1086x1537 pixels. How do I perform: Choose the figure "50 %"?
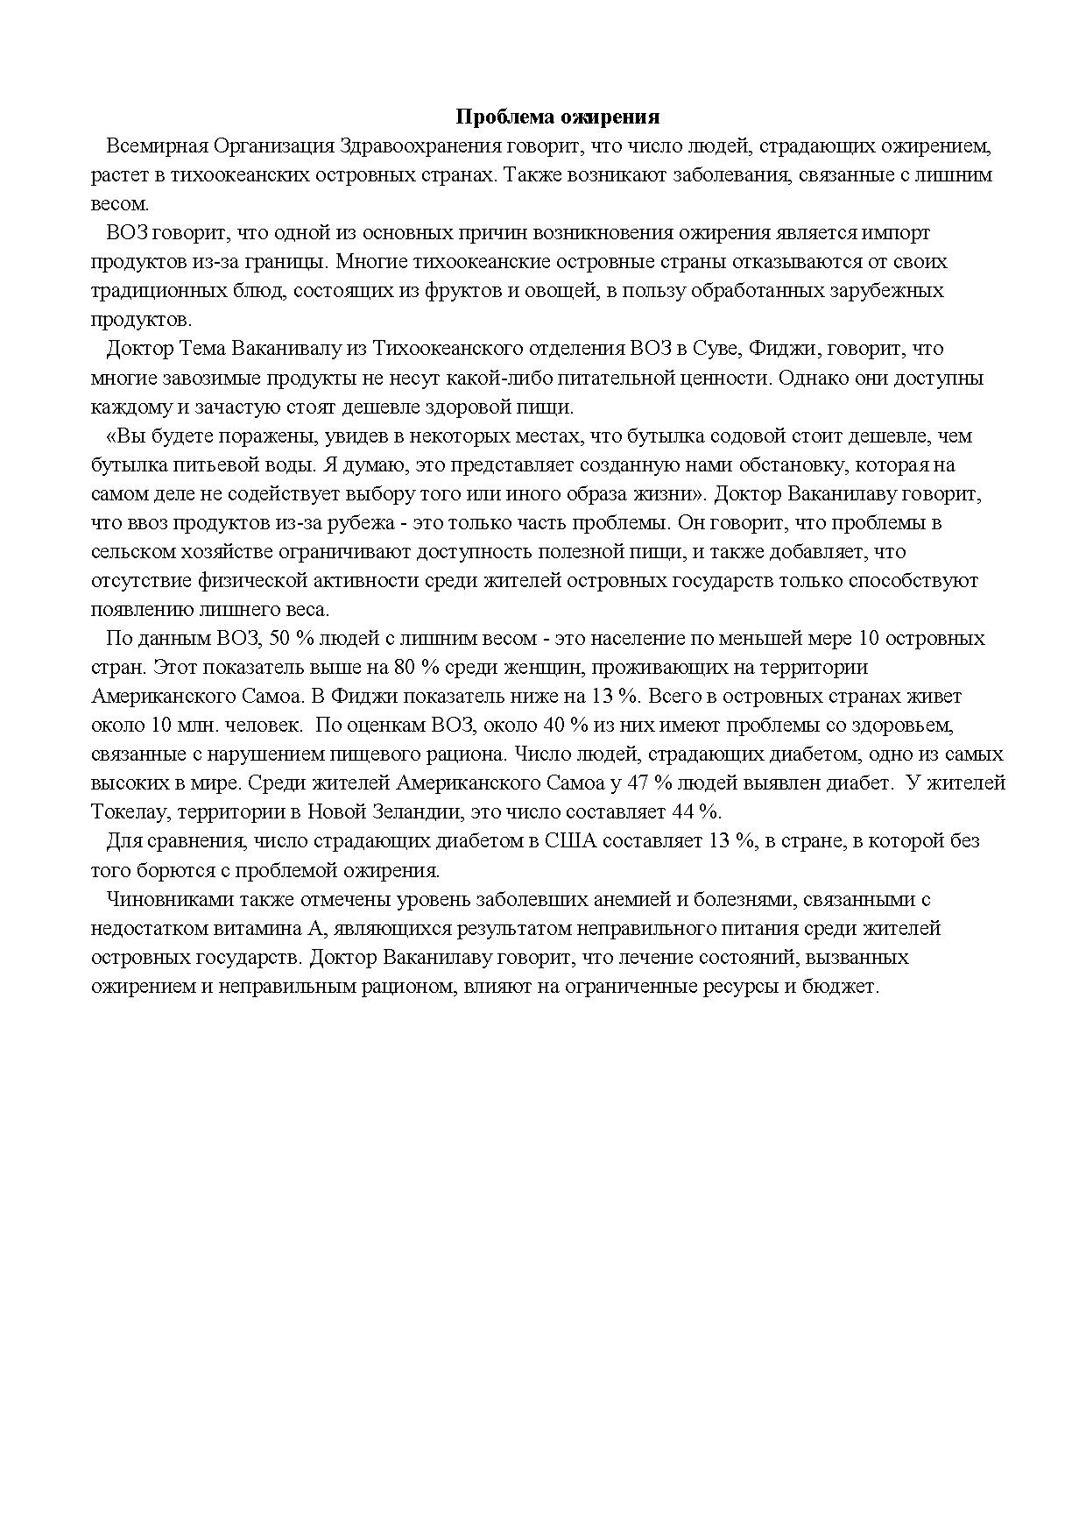(x=293, y=638)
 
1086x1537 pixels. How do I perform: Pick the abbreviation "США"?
(x=570, y=840)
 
